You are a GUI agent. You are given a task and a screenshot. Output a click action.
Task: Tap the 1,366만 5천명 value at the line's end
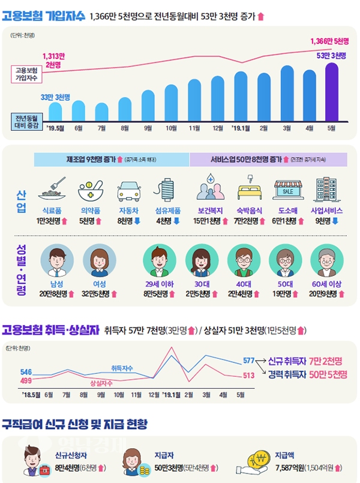[x=329, y=41]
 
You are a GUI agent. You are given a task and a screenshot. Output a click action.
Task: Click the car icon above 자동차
[x=124, y=190]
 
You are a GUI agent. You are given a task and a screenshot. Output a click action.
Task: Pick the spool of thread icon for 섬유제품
[x=165, y=190]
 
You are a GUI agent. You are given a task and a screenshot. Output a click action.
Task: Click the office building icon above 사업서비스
[x=325, y=190]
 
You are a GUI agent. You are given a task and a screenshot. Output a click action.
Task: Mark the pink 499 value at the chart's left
[x=26, y=380]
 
